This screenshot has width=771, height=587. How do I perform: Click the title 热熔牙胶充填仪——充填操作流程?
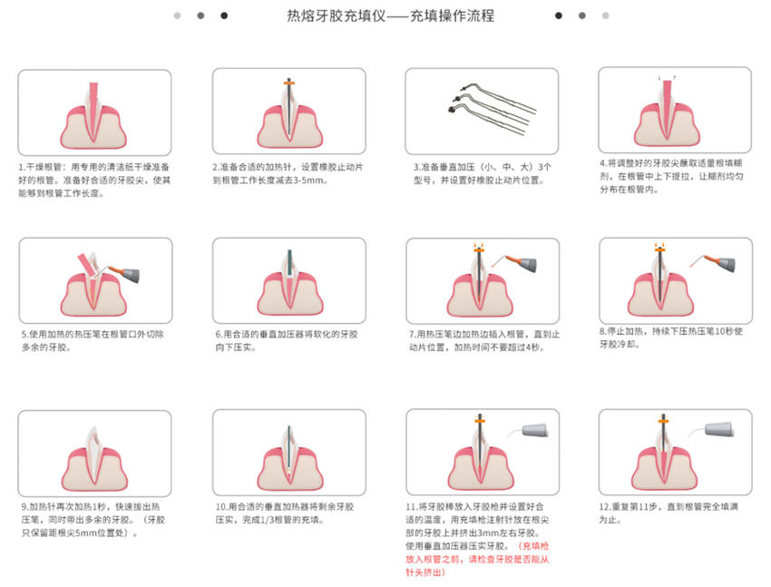(390, 16)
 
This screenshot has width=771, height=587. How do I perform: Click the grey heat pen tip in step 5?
(131, 275)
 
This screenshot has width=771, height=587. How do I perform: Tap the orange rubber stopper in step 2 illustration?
(289, 83)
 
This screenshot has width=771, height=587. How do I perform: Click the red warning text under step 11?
(477, 559)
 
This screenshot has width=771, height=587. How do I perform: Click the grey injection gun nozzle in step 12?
(719, 429)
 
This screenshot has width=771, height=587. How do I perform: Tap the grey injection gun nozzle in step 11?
(534, 430)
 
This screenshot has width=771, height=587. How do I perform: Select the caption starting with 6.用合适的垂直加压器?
(286, 341)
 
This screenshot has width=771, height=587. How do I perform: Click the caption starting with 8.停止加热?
(670, 338)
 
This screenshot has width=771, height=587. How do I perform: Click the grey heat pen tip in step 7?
(527, 265)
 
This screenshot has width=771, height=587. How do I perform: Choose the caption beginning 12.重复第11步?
(669, 513)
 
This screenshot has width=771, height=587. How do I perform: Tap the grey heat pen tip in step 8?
(726, 265)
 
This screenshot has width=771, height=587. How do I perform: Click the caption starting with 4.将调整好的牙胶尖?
(671, 176)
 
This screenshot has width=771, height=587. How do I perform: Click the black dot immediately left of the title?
(224, 15)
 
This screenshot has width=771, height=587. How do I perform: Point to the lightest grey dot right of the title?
(605, 15)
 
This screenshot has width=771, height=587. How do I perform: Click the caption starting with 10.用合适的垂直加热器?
(284, 513)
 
